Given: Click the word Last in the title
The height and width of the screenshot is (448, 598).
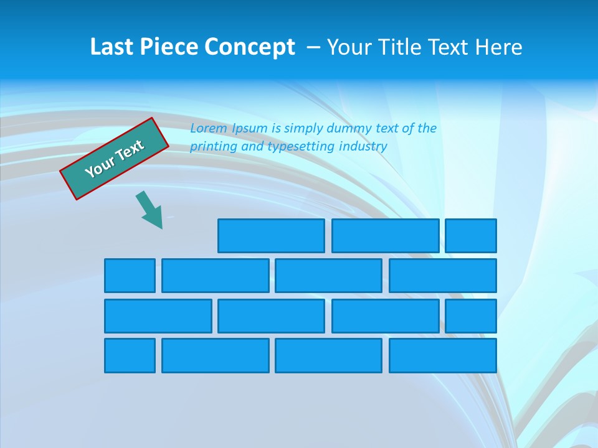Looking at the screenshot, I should (x=110, y=47).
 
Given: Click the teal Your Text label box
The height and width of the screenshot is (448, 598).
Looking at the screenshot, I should (x=114, y=159).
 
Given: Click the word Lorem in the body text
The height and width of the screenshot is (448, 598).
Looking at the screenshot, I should (x=209, y=128).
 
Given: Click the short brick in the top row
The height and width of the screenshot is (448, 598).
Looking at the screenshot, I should (x=471, y=235).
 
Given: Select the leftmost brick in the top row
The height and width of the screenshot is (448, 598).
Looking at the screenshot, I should (x=271, y=235).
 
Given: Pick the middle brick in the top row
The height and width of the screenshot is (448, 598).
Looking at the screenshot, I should (x=385, y=235).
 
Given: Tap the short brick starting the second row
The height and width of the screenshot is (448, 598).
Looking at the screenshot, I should (x=130, y=275).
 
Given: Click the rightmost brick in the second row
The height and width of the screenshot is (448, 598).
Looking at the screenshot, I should (x=442, y=275).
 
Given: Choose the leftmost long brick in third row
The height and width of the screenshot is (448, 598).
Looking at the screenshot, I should (x=158, y=315).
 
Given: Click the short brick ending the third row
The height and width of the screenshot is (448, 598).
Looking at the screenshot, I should (x=471, y=315).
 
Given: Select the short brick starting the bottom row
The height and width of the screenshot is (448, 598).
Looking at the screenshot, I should (x=130, y=355).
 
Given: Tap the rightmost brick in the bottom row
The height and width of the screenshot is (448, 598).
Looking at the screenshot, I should (x=442, y=355).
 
